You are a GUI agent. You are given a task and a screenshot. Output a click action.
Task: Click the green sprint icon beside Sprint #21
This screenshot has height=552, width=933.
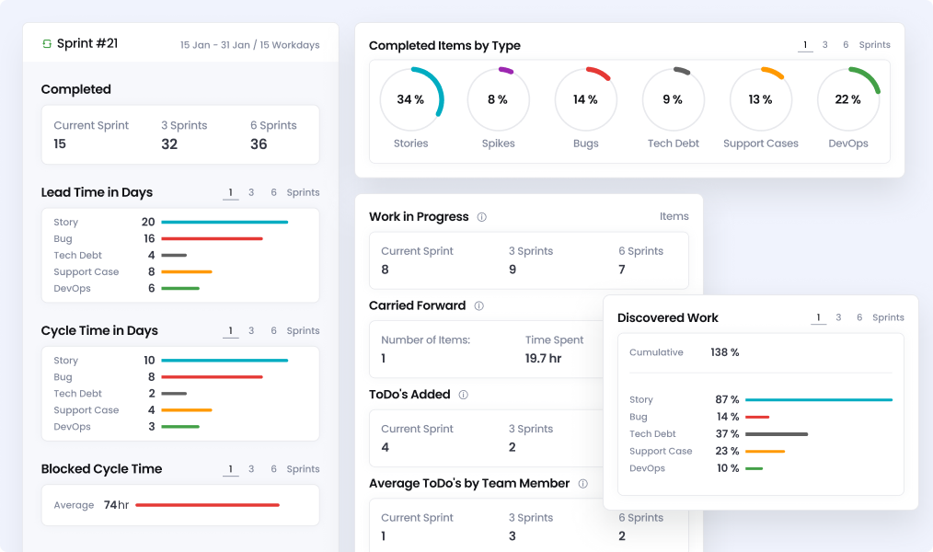[47, 43]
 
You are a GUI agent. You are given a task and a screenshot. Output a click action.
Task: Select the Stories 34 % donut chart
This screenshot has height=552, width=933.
[410, 99]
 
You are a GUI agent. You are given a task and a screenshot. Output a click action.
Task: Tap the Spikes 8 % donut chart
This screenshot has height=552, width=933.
[498, 99]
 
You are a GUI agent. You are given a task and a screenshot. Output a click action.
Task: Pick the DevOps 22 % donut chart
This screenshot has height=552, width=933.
[847, 99]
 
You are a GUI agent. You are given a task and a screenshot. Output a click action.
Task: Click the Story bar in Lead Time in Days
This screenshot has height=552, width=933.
[225, 222]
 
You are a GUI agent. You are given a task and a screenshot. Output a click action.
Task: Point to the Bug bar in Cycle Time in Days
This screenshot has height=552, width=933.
[212, 377]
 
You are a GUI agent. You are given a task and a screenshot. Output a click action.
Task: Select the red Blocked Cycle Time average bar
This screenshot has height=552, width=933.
[207, 505]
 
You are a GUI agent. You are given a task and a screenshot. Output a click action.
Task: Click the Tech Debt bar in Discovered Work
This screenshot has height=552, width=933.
[777, 434]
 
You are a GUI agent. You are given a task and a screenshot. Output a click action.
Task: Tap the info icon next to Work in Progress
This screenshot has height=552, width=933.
[481, 217]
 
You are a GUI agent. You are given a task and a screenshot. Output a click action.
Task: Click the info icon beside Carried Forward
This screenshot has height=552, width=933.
[478, 306]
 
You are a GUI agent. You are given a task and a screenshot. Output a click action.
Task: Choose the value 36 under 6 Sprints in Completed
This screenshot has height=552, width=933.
[259, 144]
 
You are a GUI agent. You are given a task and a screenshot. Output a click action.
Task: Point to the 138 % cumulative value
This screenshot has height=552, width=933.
[725, 352]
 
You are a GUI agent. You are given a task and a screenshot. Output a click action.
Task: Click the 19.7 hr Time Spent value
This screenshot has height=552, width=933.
[543, 359]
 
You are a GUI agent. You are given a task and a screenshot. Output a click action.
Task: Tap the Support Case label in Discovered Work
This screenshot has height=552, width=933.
[661, 452]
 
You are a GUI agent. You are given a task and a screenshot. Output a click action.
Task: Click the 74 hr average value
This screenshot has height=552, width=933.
[116, 505]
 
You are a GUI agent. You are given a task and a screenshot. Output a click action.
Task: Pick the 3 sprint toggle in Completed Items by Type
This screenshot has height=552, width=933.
[824, 45]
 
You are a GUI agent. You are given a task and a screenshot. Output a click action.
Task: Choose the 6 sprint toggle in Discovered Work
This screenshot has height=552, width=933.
[859, 317]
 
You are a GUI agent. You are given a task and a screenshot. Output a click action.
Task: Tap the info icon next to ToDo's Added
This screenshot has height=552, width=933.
[463, 395]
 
